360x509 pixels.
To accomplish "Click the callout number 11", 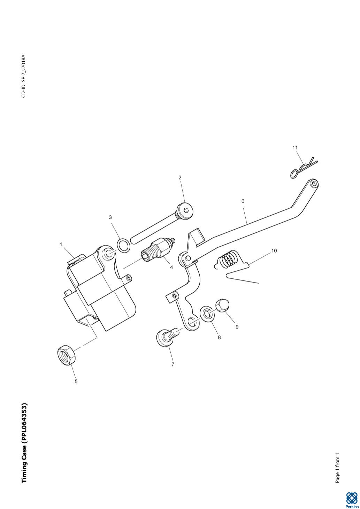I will coord(295,148).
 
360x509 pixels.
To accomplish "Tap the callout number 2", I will coord(180,178).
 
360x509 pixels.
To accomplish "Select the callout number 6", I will coord(243,201).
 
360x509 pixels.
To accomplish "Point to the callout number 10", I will coord(274,251).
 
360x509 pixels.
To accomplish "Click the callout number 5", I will coord(76,381).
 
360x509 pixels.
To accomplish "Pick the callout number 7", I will coord(173,364).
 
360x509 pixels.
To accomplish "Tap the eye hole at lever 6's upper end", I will coord(314,183).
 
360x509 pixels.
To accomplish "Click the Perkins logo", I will coord(351,500).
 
